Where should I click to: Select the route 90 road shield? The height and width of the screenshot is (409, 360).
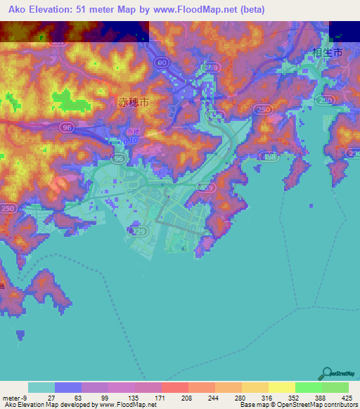(162, 63)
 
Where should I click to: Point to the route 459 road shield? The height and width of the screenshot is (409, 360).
(206, 188)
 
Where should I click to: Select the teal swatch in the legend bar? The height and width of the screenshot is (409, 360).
(41, 387)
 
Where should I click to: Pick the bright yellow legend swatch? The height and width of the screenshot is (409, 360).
(282, 387)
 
